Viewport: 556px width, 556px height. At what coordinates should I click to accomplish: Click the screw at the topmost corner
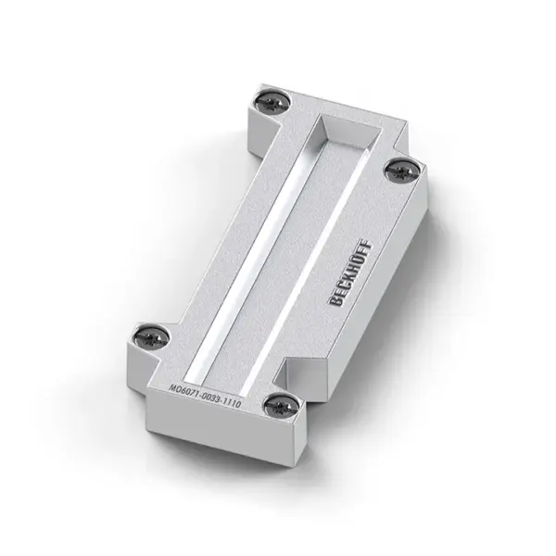272,104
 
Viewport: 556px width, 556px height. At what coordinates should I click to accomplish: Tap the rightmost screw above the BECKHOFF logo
401,172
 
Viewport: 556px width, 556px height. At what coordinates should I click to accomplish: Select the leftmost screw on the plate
151,337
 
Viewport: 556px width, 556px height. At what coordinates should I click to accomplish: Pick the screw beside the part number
281,407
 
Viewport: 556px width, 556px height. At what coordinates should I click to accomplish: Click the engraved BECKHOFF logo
350,273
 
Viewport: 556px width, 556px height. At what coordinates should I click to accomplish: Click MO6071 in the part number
184,393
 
